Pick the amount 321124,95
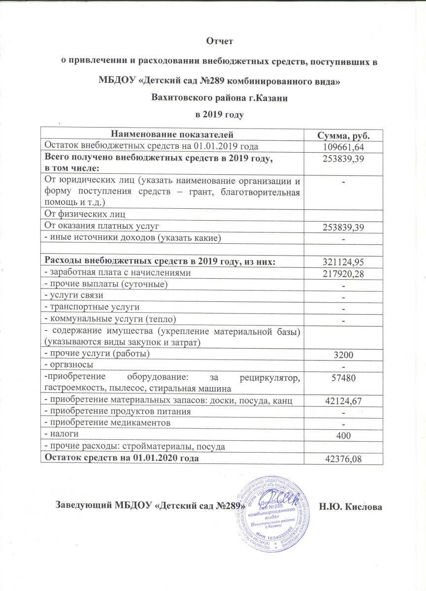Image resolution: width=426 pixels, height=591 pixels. coord(344,262)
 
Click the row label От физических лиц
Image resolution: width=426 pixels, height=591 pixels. coord(85,214)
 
